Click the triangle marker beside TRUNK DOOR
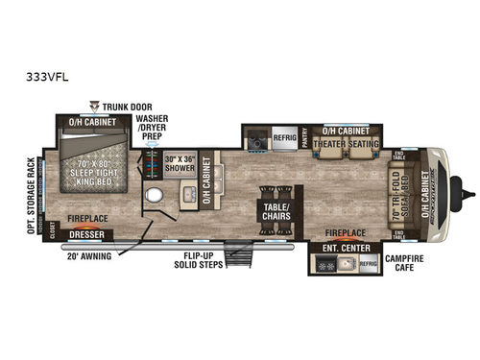click(94, 104)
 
